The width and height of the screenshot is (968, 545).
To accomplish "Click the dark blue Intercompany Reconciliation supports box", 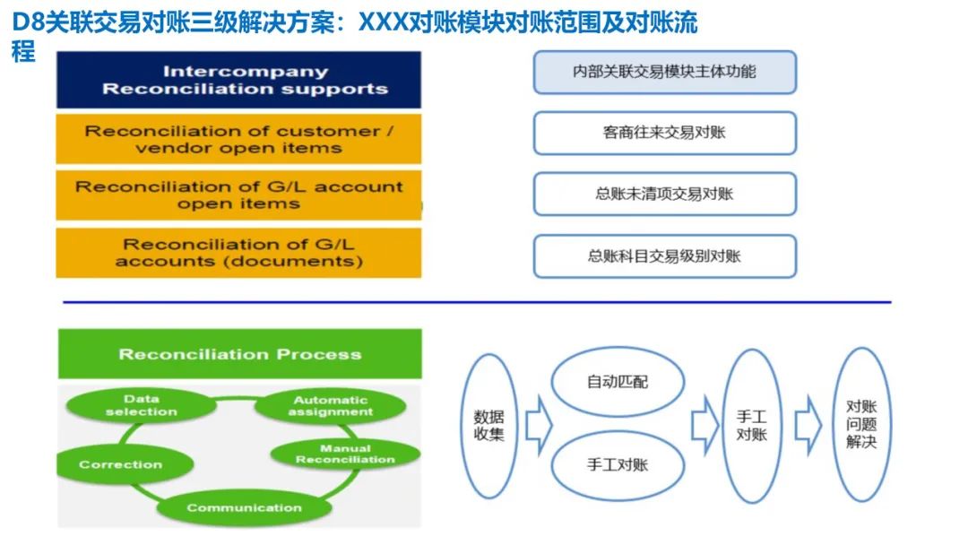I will point(238,80).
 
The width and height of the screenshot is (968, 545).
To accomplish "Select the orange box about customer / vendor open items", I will point(238,139).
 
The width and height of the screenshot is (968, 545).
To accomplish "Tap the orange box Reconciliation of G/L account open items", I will point(238,195).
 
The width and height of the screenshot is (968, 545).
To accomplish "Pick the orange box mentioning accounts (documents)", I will point(238,253).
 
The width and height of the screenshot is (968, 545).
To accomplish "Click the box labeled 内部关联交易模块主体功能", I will point(664,72).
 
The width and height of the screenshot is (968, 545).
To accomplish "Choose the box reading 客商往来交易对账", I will point(664,133).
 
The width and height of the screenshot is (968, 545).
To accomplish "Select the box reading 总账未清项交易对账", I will point(664,194).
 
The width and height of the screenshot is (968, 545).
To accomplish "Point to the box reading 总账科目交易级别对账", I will point(664,256).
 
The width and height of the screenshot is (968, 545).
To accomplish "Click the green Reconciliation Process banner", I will point(239,354).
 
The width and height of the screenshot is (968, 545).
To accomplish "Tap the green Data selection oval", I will point(142,405).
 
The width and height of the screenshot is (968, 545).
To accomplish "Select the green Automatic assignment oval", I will point(331,406).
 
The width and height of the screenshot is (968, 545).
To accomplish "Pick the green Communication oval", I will point(244,507).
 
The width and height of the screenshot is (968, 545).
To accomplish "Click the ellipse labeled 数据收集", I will point(489,426).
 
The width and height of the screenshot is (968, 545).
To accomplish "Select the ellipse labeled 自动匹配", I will point(617,382).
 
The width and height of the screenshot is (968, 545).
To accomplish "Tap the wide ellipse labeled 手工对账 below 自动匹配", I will point(617,464).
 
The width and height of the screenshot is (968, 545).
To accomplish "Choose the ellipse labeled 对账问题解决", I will point(861,425).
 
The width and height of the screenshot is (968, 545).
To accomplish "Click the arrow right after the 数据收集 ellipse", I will point(538,427).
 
